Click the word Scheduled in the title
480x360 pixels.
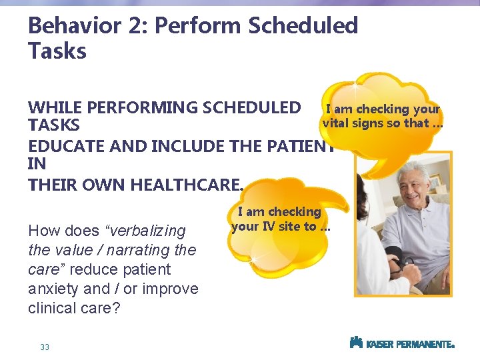pos(303,26)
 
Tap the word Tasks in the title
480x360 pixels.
pos(57,51)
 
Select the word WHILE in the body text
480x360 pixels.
pos(55,107)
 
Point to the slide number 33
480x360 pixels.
pos(45,347)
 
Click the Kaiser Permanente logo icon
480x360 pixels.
pos(356,343)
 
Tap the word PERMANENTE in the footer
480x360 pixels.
pos(424,344)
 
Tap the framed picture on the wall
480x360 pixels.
pos(435,180)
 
